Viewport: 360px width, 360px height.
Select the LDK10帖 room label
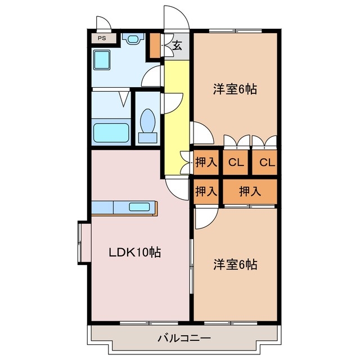pos(135,253)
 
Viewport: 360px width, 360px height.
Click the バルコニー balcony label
pos(184,338)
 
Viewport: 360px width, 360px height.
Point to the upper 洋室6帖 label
pos(235,89)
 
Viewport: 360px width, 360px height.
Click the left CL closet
pos(236,163)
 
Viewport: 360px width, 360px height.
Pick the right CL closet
pos(265,163)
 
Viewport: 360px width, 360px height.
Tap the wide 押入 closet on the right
pos(250,191)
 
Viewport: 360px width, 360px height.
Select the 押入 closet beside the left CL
pos(206,163)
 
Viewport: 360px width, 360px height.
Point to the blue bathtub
pos(111,133)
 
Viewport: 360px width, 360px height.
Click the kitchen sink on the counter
pos(139,206)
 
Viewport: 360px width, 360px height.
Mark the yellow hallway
pos(177,112)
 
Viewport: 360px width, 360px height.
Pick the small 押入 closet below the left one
pos(206,191)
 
